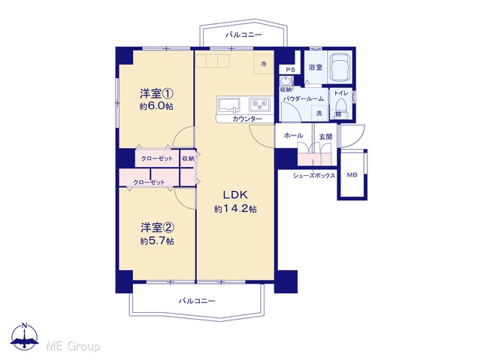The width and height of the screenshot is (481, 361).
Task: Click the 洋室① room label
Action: (x=157, y=93)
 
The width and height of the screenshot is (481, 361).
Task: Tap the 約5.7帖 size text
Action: (x=157, y=241)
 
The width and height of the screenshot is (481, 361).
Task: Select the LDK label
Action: (x=235, y=195)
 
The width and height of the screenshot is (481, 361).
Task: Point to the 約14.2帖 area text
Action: (x=235, y=209)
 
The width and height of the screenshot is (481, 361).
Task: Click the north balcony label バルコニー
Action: (x=244, y=35)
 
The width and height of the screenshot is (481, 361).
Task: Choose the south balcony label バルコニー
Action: (x=197, y=301)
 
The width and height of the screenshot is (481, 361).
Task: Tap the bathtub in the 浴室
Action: (x=340, y=67)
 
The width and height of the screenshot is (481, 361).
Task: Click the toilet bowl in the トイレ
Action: (x=340, y=105)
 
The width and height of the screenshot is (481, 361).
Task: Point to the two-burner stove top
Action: (x=260, y=105)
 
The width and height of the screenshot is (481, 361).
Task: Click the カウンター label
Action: (x=247, y=119)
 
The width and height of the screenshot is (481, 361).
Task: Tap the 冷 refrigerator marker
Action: (x=264, y=64)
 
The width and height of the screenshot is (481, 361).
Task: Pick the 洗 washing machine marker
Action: (x=319, y=113)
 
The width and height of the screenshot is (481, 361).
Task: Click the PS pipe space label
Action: (x=290, y=70)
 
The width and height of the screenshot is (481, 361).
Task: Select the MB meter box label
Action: (x=352, y=175)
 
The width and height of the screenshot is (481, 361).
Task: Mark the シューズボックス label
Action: (x=314, y=176)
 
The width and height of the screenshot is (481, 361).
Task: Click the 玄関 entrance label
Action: (x=325, y=137)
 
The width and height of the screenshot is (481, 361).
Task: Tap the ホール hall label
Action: (x=294, y=135)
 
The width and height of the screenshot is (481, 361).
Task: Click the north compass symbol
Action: (x=25, y=337)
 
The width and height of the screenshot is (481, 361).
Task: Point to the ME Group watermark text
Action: (x=73, y=347)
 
